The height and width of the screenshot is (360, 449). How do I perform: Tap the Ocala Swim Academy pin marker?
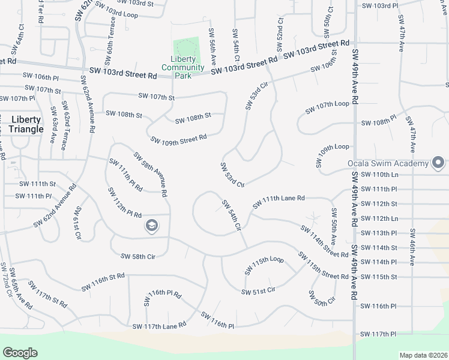pos(438,163)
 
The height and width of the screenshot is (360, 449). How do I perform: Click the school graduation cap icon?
pos(152,226)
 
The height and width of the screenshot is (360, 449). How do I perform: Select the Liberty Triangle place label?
pos(27,124)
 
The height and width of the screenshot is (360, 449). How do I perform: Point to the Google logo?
pos(20,353)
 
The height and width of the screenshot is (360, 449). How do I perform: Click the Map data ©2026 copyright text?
pos(423,355)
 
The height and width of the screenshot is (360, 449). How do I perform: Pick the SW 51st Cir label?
pos(258,291)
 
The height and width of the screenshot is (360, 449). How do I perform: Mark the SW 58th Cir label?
pos(138,256)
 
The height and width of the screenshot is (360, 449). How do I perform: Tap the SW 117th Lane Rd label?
pos(159,325)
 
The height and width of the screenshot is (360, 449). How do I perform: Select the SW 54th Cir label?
pos(231,217)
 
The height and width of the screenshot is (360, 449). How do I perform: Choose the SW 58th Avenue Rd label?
pos(149,175)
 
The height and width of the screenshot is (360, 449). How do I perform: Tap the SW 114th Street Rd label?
pos(325,241)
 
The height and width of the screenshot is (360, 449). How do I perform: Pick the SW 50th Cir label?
pos(322,298)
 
